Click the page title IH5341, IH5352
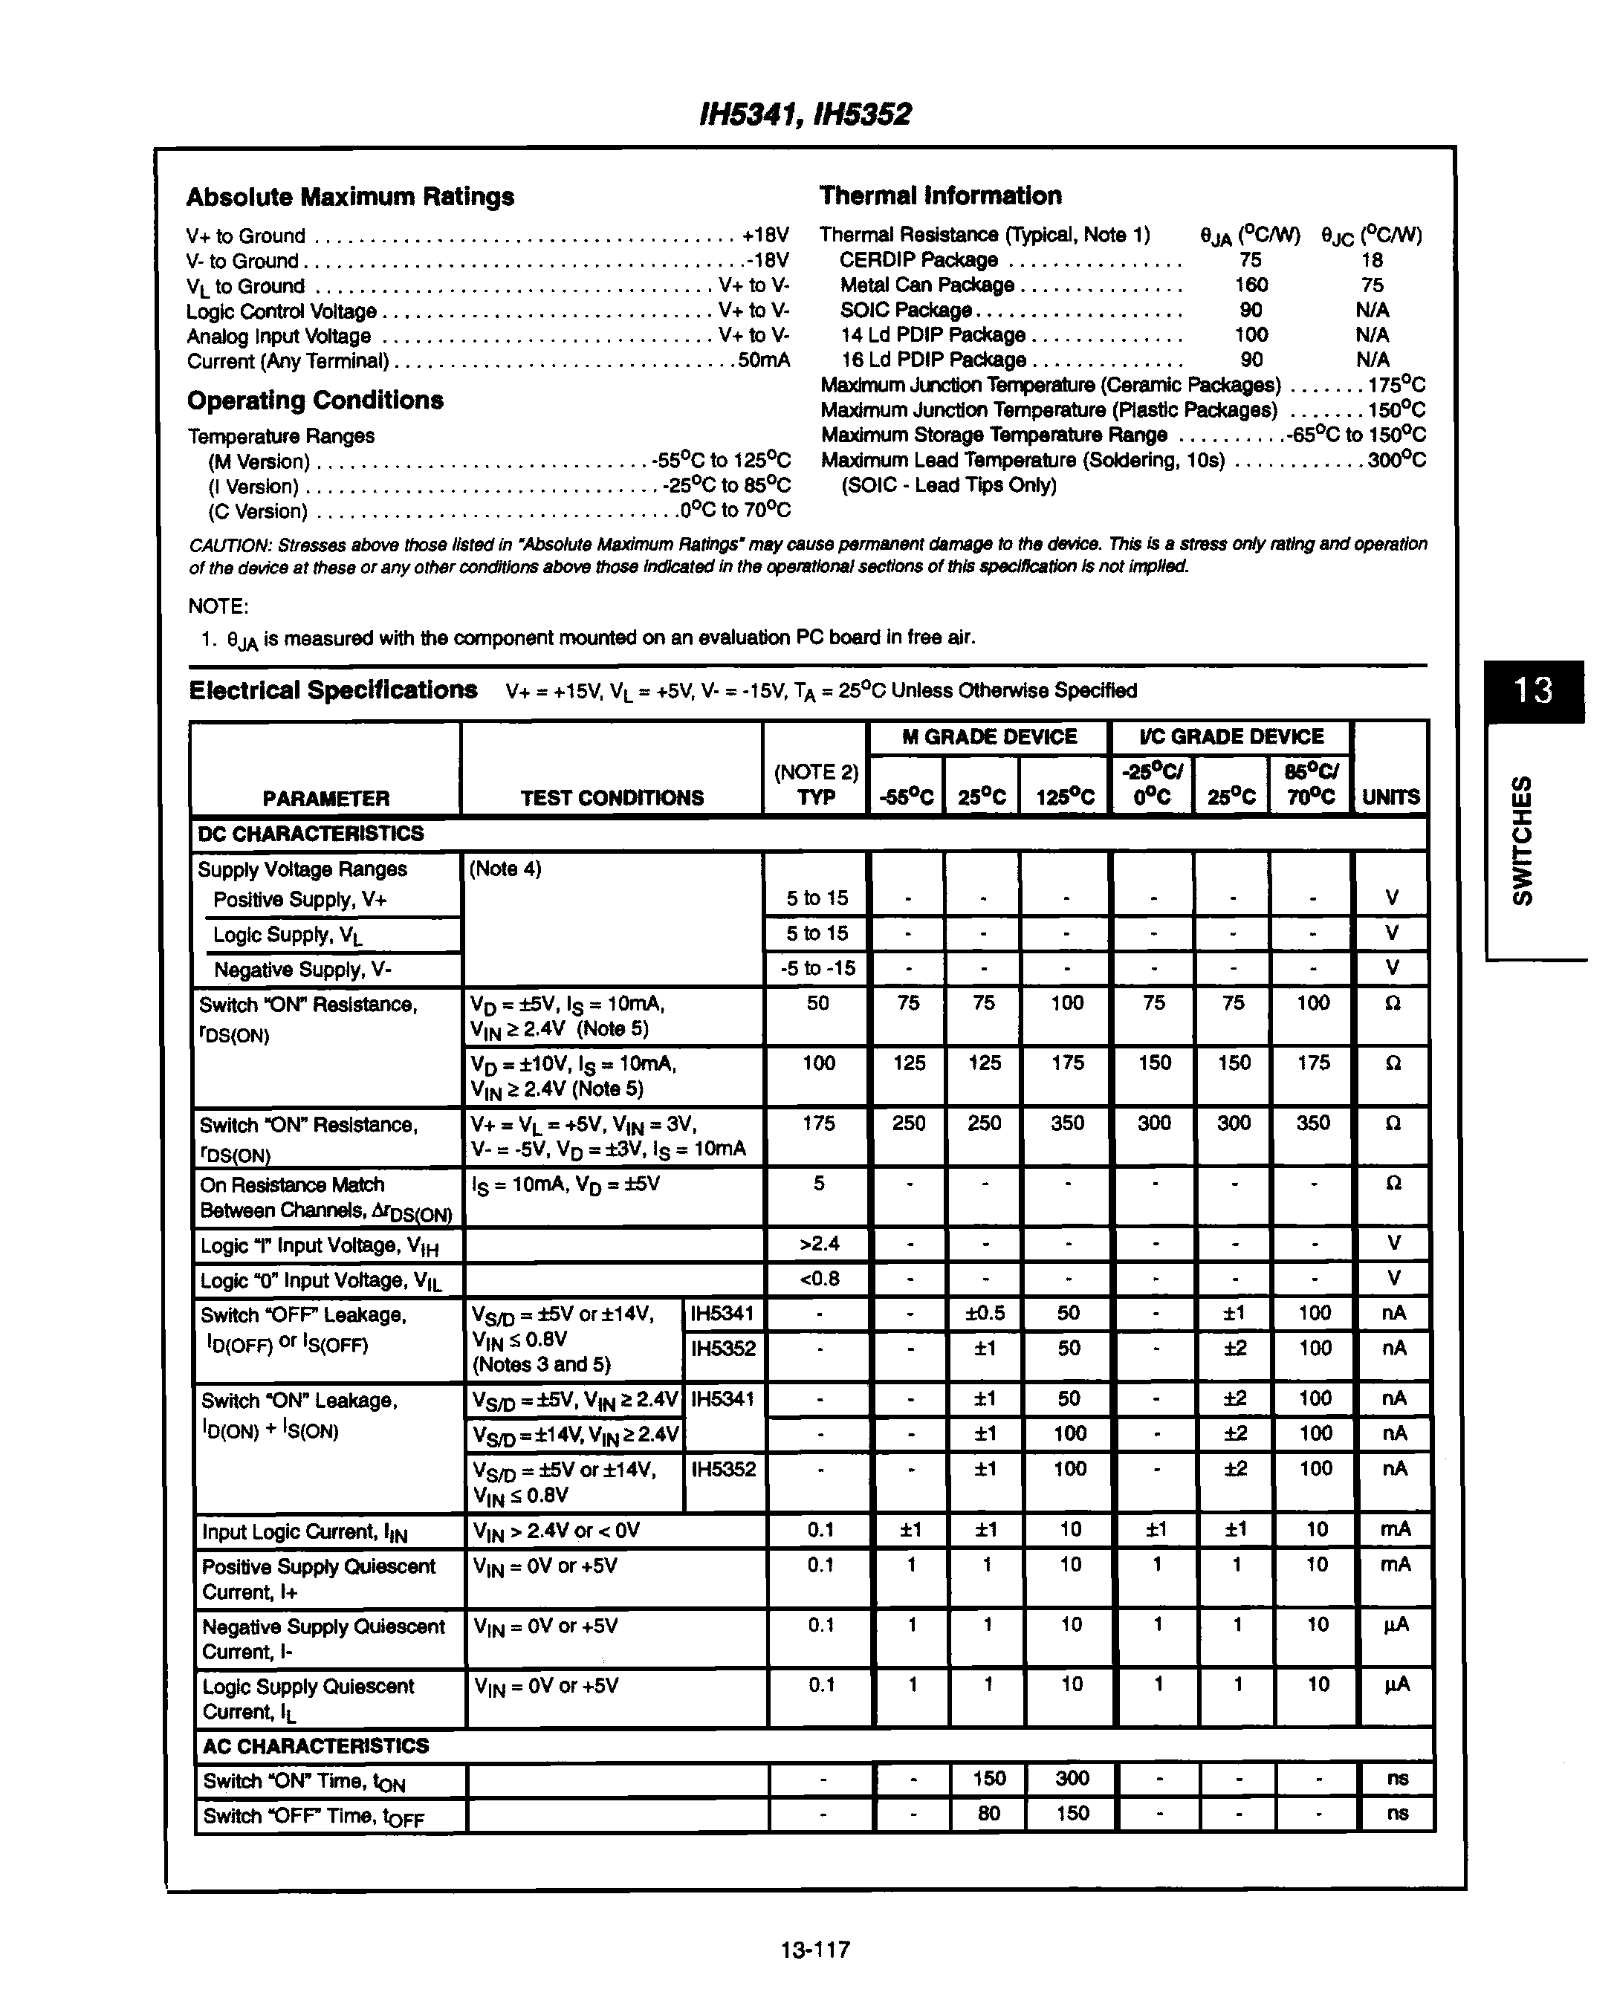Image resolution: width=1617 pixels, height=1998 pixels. [805, 114]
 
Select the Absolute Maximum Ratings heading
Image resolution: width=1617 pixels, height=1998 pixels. [350, 197]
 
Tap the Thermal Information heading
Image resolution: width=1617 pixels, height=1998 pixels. [940, 195]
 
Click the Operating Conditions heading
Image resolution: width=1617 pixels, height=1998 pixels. [315, 400]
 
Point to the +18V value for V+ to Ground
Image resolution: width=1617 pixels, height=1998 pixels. [765, 236]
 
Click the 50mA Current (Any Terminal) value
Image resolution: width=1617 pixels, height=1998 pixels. [764, 360]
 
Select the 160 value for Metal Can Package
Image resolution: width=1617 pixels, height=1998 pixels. [1251, 285]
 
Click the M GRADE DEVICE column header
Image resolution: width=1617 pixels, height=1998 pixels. [988, 737]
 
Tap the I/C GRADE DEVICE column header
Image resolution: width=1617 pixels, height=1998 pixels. [1231, 737]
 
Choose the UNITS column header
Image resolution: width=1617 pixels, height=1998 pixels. [1390, 797]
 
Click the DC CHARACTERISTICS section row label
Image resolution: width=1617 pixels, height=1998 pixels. [311, 834]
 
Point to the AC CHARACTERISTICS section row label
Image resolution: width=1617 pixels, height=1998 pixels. [316, 1745]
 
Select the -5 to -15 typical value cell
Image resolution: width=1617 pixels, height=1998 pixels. [817, 969]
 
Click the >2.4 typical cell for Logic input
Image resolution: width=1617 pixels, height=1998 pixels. [819, 1244]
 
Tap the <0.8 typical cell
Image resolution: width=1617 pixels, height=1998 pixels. [819, 1279]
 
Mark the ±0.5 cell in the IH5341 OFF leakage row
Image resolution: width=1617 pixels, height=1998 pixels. [985, 1314]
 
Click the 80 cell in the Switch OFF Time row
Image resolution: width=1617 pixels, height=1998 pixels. [988, 1814]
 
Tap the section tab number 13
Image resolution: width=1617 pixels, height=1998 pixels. [1532, 690]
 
